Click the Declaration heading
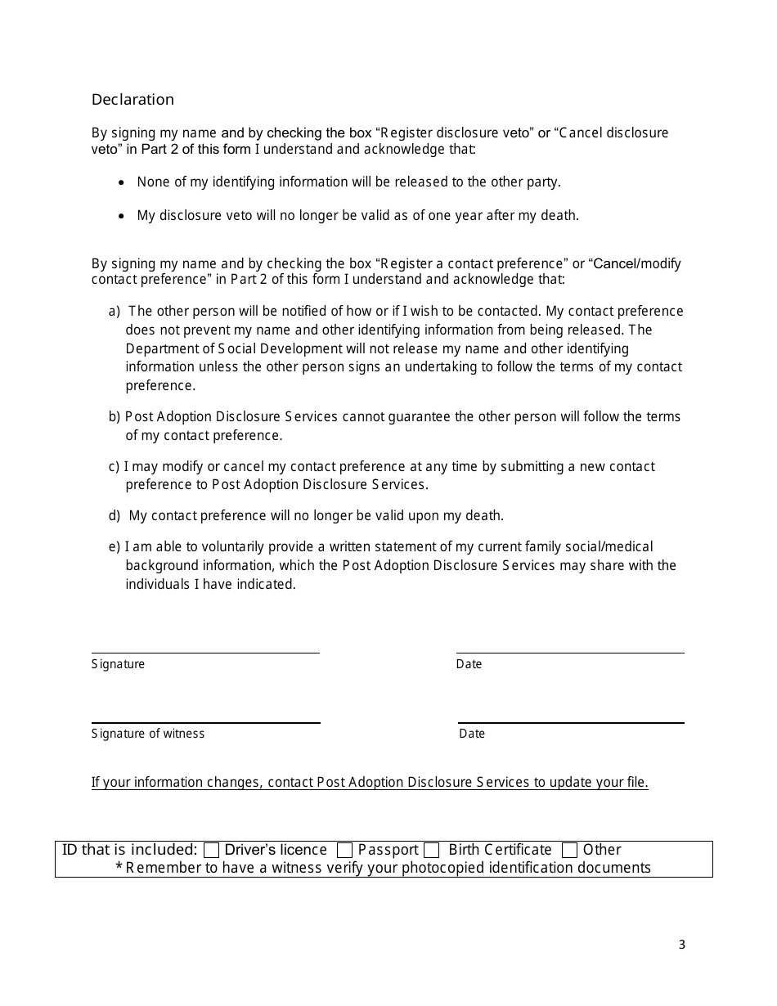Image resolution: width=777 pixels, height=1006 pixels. pyautogui.click(x=132, y=100)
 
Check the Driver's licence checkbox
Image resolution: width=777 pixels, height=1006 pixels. pyautogui.click(x=212, y=851)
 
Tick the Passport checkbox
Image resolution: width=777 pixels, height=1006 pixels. pyautogui.click(x=345, y=851)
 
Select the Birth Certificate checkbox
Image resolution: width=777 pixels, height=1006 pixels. pyautogui.click(x=432, y=851)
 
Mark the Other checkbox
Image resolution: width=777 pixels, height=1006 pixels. pyautogui.click(x=570, y=851)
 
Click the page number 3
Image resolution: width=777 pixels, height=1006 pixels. pyautogui.click(x=682, y=945)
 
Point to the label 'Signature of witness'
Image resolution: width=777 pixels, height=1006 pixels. pyautogui.click(x=148, y=734)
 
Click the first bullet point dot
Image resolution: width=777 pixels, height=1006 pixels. pyautogui.click(x=122, y=183)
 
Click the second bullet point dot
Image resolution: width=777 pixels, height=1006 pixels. pyautogui.click(x=122, y=217)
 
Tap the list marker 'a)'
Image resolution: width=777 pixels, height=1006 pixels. pyautogui.click(x=115, y=312)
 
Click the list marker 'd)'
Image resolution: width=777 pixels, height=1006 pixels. pyautogui.click(x=115, y=516)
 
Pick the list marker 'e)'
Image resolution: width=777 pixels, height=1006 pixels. pyautogui.click(x=115, y=547)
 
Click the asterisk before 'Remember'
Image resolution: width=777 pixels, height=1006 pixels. pyautogui.click(x=119, y=867)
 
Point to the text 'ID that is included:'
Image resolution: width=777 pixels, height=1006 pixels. pyautogui.click(x=130, y=850)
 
